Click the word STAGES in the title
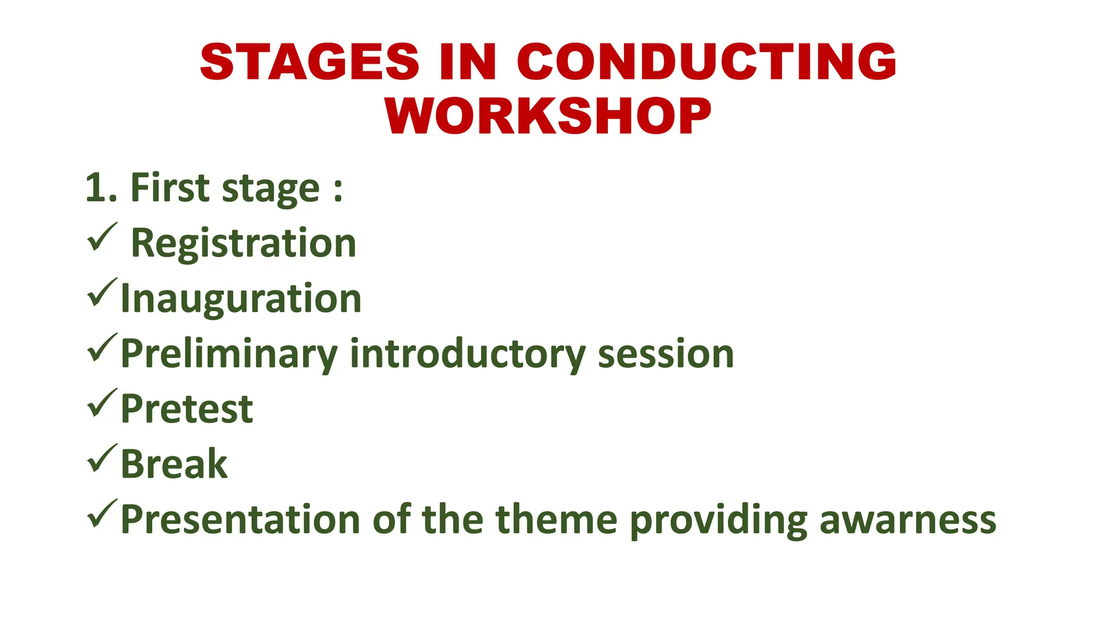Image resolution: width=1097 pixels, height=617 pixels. point(310,62)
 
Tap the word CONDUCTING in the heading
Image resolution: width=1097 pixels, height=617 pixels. point(707,62)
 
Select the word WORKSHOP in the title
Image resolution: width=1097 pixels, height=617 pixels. point(548,117)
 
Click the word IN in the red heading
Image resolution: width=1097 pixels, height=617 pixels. point(468,62)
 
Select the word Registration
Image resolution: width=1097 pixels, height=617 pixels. point(244,244)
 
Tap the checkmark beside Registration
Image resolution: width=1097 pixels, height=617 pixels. point(102,237)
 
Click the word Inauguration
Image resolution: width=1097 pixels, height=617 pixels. point(241,299)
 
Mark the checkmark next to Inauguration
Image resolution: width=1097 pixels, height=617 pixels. point(102,292)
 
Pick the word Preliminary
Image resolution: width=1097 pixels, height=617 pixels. point(229,355)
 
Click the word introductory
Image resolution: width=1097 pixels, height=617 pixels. point(468,355)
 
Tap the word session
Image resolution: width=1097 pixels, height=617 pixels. point(665,355)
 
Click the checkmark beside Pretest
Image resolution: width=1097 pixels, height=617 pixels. point(102,403)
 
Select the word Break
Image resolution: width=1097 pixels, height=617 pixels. point(174,464)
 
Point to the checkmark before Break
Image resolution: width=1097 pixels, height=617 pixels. point(102,458)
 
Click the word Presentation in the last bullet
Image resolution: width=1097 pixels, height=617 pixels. point(241,520)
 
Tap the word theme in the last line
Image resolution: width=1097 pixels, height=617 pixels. point(557,520)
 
